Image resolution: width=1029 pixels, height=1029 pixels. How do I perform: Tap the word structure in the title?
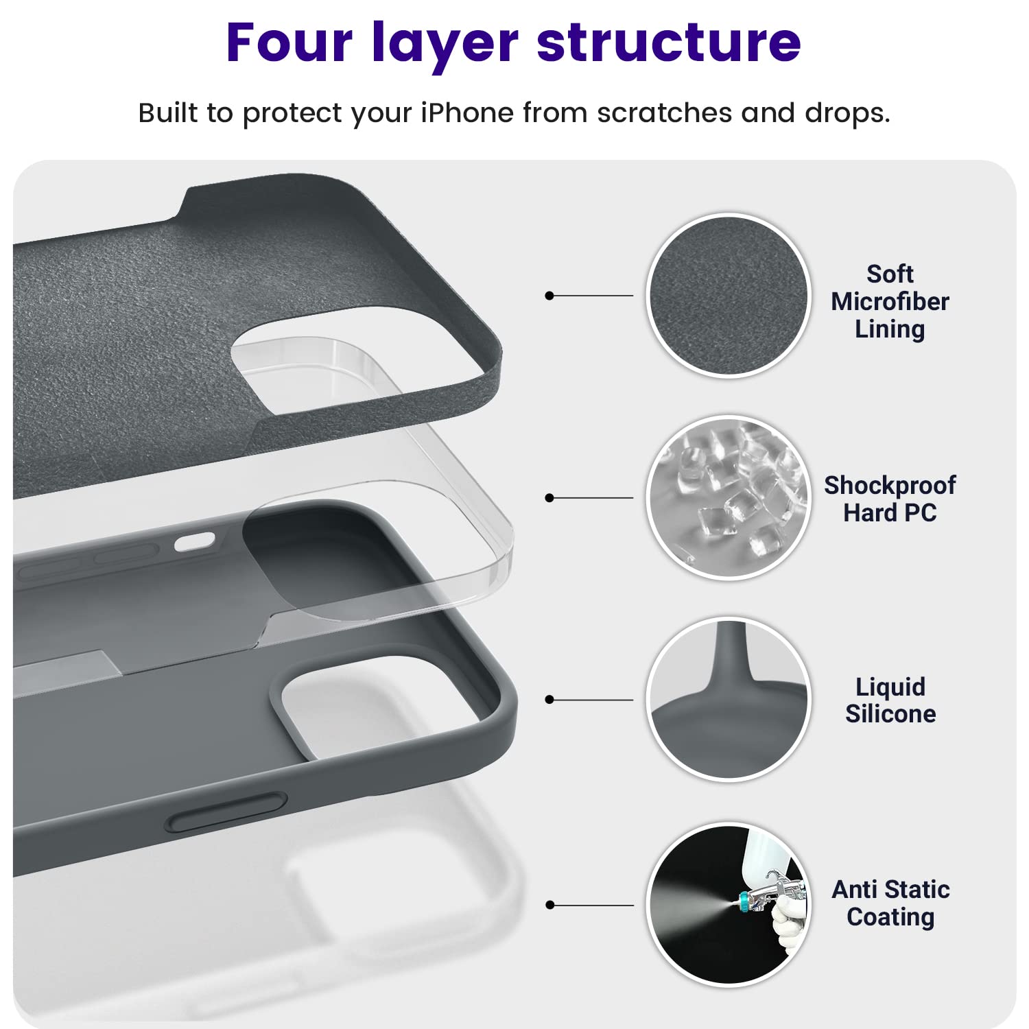point(669,43)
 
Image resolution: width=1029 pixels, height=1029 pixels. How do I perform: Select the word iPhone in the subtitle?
point(466,113)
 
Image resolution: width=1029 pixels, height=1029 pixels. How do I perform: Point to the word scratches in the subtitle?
point(664,113)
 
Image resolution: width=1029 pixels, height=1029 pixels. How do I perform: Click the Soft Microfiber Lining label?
point(890,302)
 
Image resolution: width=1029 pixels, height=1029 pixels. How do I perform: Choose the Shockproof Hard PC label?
point(890,499)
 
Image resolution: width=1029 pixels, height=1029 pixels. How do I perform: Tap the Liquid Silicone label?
point(890,700)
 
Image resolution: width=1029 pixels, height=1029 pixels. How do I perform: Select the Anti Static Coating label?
point(890,903)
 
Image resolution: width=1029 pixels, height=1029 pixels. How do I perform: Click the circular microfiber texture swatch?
point(729,296)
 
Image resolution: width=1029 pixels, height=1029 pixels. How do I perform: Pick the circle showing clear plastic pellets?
point(729,498)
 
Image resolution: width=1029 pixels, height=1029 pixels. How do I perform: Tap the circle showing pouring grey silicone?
point(729,700)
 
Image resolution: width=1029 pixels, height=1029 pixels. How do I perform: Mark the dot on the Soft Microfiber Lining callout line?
point(549,296)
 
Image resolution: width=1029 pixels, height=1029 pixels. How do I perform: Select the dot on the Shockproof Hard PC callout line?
point(549,498)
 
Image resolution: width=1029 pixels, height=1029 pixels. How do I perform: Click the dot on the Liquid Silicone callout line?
point(549,700)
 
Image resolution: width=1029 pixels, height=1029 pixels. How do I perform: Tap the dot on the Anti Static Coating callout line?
point(549,906)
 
